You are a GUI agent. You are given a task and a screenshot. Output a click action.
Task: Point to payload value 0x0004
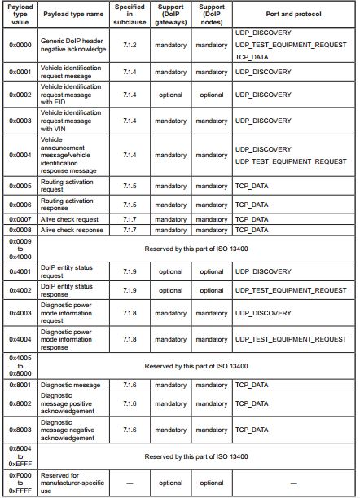(20, 154)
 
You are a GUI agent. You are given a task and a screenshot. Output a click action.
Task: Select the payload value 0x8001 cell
(20, 384)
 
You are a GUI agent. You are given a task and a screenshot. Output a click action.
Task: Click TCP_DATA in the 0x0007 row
(252, 219)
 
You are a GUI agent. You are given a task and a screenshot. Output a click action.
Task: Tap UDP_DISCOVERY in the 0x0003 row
(263, 120)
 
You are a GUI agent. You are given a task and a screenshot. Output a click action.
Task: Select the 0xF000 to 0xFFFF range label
(20, 483)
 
